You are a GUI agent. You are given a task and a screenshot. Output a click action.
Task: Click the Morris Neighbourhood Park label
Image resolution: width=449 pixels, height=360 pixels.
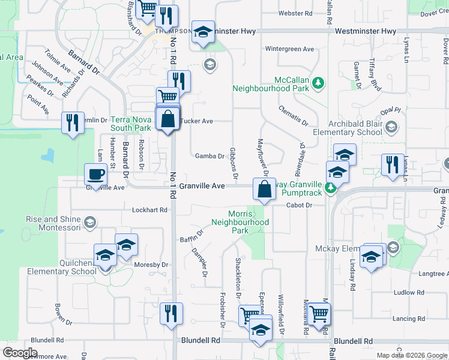[x=240, y=222]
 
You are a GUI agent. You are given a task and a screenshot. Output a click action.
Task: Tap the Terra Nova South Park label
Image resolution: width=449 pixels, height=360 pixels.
[x=130, y=124]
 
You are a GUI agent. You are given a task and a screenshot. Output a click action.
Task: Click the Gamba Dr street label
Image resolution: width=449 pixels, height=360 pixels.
[x=209, y=156]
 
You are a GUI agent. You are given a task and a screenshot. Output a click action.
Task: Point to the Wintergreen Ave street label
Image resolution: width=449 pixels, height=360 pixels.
[x=290, y=49]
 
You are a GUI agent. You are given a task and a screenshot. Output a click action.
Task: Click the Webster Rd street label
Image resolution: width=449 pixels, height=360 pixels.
[x=296, y=13]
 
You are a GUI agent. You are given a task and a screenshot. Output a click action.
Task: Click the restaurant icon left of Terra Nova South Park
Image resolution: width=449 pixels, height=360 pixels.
[x=72, y=123]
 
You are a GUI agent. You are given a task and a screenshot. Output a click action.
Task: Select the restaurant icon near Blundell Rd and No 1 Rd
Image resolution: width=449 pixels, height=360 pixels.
[x=171, y=313]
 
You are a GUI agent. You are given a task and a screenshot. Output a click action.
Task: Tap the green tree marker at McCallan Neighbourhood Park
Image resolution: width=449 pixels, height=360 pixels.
[x=320, y=83]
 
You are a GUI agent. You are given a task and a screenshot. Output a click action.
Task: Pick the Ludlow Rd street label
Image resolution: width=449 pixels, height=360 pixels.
[x=409, y=293]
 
